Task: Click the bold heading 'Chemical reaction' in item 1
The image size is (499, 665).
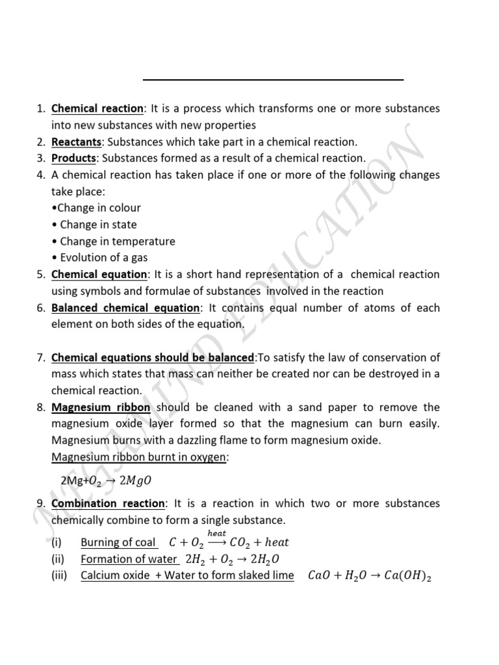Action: tap(97, 108)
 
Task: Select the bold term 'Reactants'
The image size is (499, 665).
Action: tap(77, 142)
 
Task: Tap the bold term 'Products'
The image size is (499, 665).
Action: tap(74, 158)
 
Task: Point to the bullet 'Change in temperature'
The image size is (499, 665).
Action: tap(114, 241)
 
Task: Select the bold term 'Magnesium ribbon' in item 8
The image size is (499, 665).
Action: tap(101, 407)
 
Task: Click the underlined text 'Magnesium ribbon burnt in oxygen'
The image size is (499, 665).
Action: tap(139, 457)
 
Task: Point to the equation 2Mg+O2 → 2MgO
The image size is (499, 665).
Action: tap(105, 481)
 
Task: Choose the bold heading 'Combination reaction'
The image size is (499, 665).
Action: tap(109, 503)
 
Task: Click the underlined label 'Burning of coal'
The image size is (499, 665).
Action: tap(118, 542)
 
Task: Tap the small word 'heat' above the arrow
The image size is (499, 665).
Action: tap(216, 533)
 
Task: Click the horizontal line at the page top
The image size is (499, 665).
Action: tap(273, 80)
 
